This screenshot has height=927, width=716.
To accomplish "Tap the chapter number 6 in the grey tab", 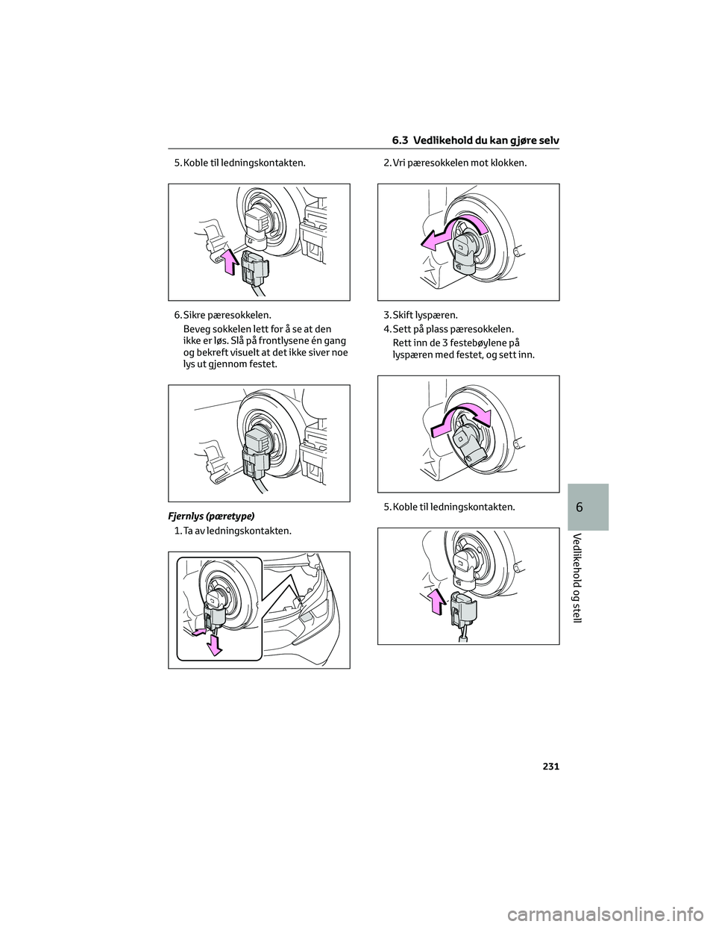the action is (x=588, y=508).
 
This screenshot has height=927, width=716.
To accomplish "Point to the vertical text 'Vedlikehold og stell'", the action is (x=588, y=577).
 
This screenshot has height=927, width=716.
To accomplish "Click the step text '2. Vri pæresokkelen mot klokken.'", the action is (x=455, y=163).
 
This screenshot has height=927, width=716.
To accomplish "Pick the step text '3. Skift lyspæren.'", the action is (x=421, y=316).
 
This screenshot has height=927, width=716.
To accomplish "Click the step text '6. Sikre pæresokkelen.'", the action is (x=222, y=316).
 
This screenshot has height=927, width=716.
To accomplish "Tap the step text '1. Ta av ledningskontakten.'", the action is (x=233, y=531).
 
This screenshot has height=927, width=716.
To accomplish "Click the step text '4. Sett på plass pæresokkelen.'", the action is (x=449, y=330).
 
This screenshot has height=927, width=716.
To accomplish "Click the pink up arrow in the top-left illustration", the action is (x=230, y=262).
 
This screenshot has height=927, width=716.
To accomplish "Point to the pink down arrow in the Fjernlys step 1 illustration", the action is (x=214, y=645).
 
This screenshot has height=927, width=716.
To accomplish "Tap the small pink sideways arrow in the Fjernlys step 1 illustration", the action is (x=198, y=631).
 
